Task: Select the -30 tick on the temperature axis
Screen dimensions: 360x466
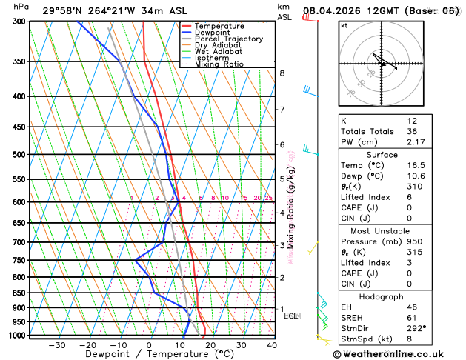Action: pyautogui.click(x=56, y=345)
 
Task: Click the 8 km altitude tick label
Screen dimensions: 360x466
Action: pyautogui.click(x=282, y=73)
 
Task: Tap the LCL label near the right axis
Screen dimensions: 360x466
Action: pyautogui.click(x=291, y=316)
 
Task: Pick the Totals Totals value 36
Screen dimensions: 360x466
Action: pyautogui.click(x=412, y=131)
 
